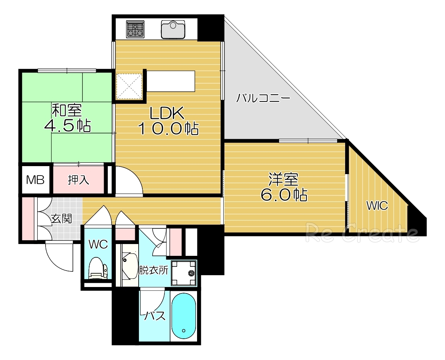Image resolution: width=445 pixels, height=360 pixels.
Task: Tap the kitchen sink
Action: (x=173, y=29)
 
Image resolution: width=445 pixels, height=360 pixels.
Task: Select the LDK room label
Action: (x=167, y=113)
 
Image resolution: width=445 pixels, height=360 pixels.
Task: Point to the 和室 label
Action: (x=66, y=110)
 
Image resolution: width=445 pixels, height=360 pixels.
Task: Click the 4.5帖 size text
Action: (x=67, y=125)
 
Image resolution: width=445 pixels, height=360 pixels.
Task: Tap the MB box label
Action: (x=35, y=179)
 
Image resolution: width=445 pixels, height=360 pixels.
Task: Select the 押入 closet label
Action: (x=79, y=180)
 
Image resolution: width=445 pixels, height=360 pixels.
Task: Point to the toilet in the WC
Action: (x=98, y=269)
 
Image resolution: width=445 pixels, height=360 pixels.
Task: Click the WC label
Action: (x=98, y=244)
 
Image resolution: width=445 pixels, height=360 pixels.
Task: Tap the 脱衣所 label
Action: (x=154, y=271)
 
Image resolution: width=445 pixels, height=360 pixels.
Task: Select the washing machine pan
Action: (x=184, y=273)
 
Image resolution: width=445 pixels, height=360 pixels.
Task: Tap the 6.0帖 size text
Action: (x=284, y=195)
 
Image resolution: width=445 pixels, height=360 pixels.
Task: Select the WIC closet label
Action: (x=377, y=206)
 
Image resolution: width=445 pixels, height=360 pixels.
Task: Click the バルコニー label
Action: (x=263, y=98)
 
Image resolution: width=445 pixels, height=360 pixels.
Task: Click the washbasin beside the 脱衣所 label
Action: (x=129, y=266)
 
